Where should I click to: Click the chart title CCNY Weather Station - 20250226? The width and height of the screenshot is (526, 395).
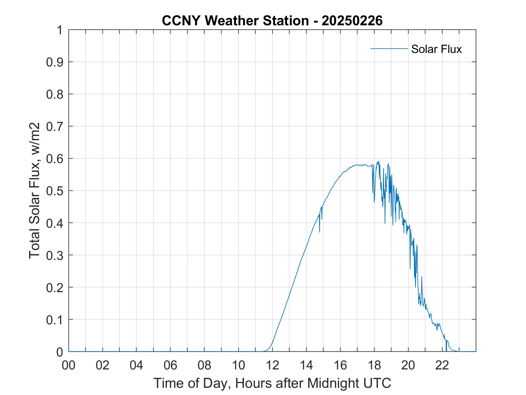pyautogui.click(x=272, y=21)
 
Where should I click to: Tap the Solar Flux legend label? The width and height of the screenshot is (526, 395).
pyautogui.click(x=436, y=49)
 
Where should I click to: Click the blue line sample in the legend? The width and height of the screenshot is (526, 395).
pyautogui.click(x=389, y=48)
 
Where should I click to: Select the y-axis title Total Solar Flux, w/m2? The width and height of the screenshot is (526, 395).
pyautogui.click(x=35, y=190)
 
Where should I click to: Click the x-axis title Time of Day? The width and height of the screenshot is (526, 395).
pyautogui.click(x=272, y=383)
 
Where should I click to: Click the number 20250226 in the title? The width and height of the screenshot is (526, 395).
pyautogui.click(x=352, y=21)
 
